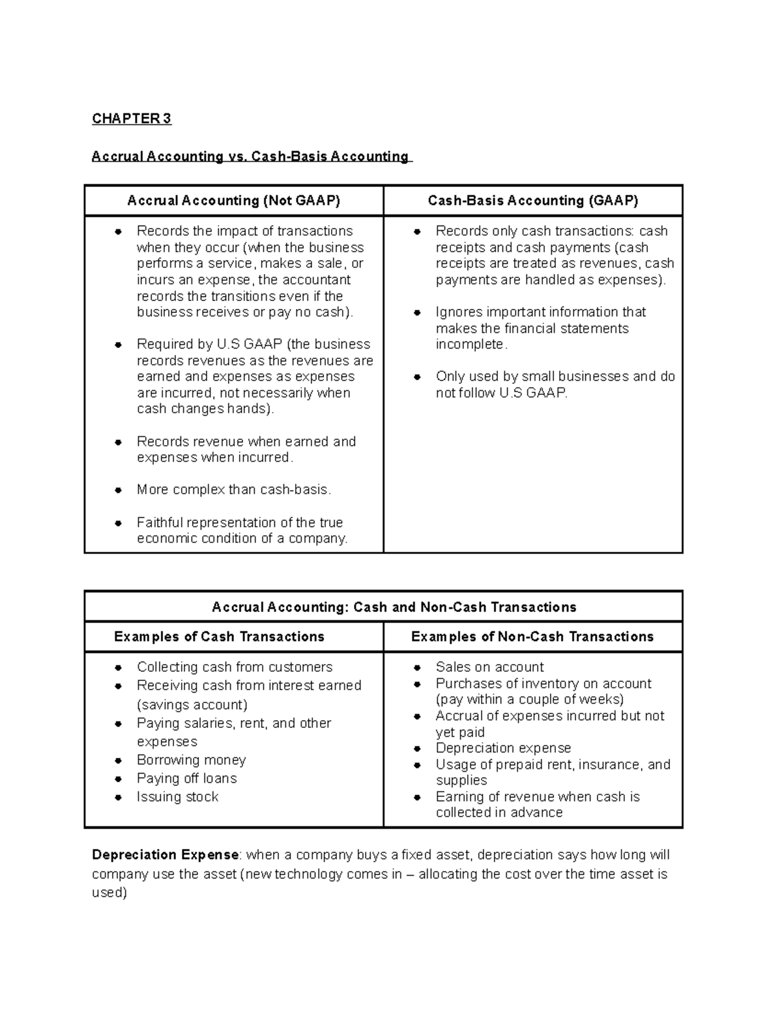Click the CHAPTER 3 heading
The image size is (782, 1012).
[x=131, y=119]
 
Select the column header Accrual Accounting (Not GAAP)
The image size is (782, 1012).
[x=233, y=201]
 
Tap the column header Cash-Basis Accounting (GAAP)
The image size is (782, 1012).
[x=532, y=201]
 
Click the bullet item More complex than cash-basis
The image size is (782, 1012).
[x=234, y=490]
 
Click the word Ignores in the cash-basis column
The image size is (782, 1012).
[x=459, y=312]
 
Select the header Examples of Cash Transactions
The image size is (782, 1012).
[x=219, y=637]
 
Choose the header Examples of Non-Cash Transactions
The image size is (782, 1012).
[x=532, y=637]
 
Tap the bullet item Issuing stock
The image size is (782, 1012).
[x=177, y=797]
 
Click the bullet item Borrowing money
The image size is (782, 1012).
[x=191, y=760]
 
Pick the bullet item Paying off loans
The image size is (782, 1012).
[x=186, y=779]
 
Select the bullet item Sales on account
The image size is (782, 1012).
[x=489, y=667]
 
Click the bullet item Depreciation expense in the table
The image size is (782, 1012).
[x=503, y=748]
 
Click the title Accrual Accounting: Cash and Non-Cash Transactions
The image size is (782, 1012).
[x=394, y=607]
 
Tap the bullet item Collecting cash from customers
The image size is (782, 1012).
[x=235, y=667]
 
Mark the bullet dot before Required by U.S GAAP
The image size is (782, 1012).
[x=119, y=345]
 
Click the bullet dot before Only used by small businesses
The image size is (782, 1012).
[x=418, y=377]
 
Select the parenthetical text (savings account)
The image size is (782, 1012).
[x=192, y=705]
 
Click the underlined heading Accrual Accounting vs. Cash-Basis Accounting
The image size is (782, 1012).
[x=250, y=156]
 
